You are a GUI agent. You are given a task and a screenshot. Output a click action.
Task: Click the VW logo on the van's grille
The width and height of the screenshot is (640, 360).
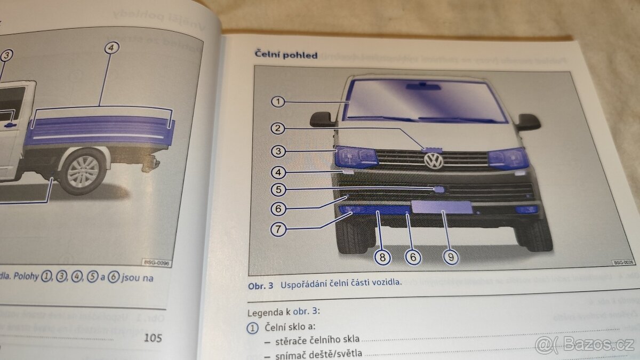434,161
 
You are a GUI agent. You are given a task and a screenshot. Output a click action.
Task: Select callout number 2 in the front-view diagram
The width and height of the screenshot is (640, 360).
278,128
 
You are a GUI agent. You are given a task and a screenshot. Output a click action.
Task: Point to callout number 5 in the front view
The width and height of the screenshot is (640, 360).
278,189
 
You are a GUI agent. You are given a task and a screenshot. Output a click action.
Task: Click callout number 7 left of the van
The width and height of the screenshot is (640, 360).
278,230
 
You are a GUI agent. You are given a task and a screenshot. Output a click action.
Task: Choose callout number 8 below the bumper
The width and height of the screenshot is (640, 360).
382,257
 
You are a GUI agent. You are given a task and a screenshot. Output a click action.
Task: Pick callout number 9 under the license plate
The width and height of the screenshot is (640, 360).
451,257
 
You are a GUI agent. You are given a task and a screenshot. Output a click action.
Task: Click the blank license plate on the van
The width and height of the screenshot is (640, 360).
441,207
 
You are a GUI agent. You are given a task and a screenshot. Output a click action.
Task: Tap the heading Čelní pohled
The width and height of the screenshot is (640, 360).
286,55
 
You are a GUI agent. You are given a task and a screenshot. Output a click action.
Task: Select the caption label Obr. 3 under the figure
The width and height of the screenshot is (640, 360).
261,285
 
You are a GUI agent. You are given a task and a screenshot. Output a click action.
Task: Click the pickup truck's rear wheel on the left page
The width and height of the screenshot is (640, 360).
83,172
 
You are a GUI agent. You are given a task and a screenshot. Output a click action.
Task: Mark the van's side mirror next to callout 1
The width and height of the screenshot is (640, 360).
323,119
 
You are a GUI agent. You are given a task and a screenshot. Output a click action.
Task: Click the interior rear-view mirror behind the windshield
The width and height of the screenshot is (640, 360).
423,86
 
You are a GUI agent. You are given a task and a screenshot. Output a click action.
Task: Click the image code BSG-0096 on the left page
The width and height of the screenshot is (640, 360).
156,262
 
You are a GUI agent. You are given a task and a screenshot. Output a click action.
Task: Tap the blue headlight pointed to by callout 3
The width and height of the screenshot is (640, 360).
356,157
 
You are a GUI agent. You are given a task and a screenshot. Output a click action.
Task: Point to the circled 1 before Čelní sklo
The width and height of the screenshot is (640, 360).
253,327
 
